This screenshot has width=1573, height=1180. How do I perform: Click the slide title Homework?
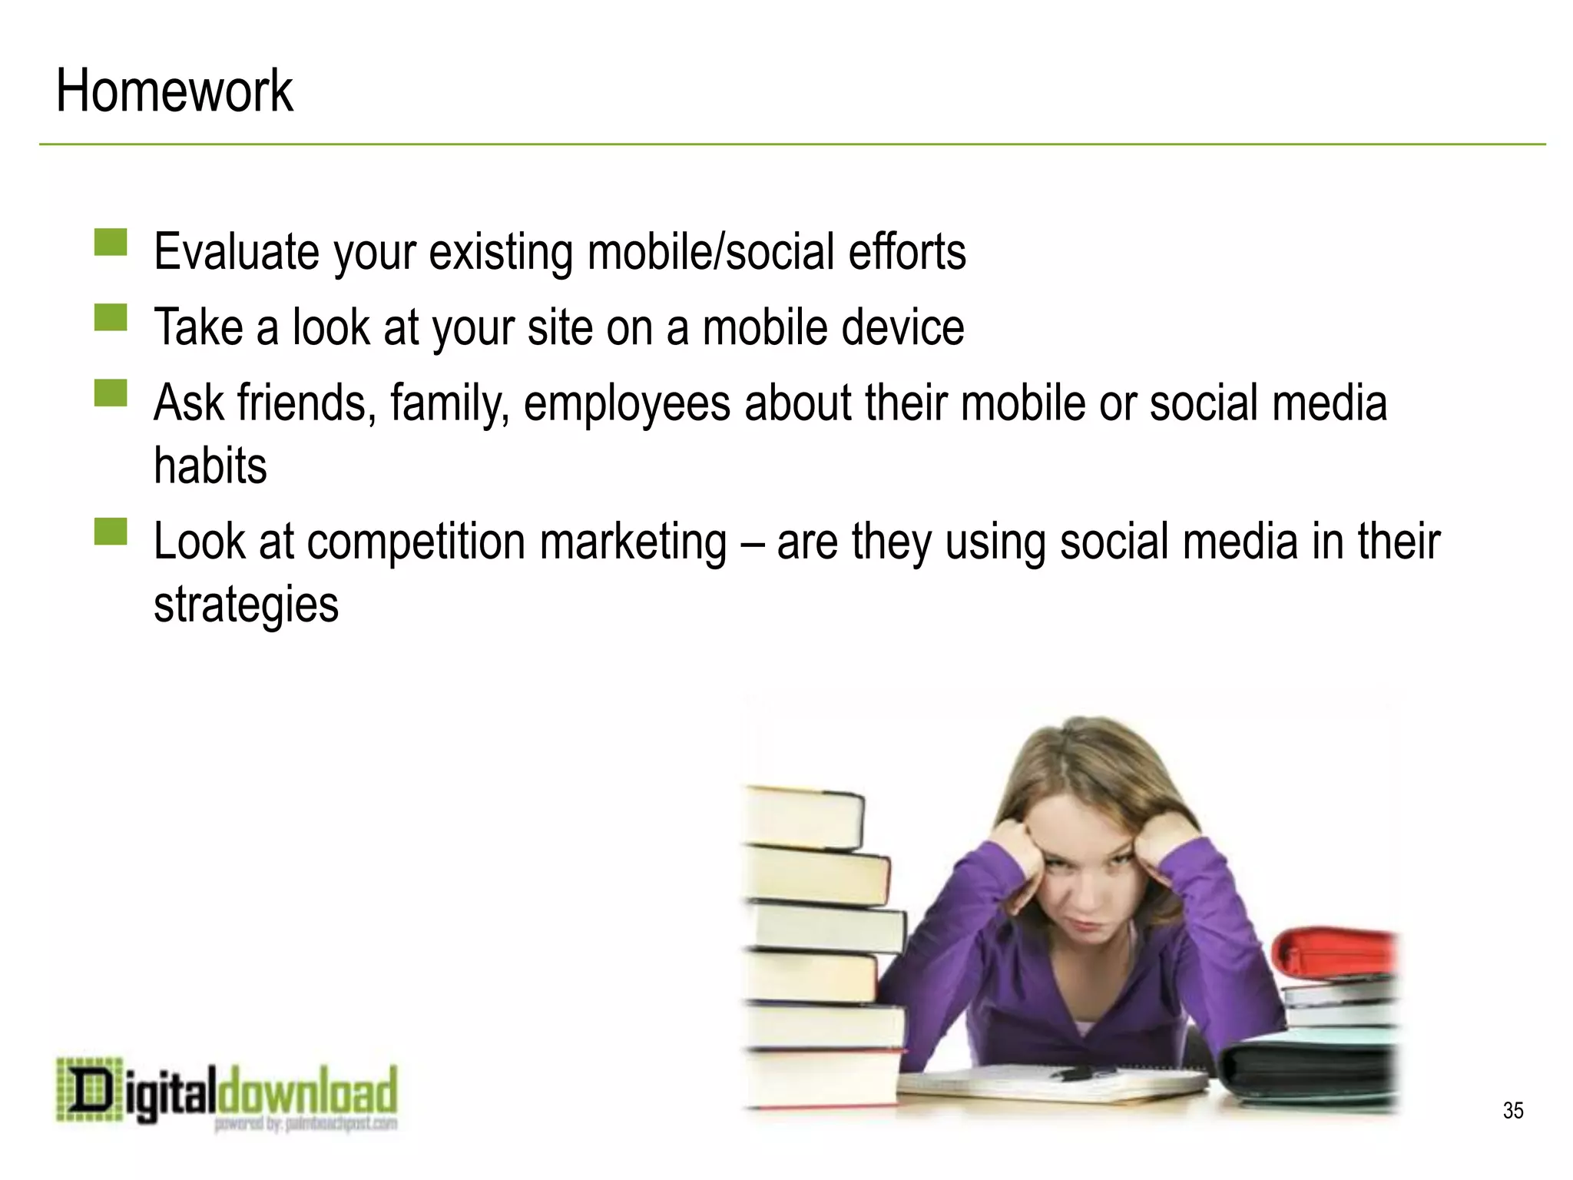coord(174,91)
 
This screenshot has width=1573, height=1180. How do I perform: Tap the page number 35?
coord(1512,1110)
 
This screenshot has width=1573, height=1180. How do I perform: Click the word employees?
coord(626,405)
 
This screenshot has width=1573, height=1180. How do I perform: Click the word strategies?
coord(246,605)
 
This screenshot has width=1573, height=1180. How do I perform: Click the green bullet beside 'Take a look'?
coord(111,317)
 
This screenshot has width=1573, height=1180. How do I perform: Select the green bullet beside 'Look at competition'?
coord(111,531)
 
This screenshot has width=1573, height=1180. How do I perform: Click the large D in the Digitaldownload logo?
coord(89,1089)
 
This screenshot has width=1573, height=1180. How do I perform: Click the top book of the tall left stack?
coord(803,816)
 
